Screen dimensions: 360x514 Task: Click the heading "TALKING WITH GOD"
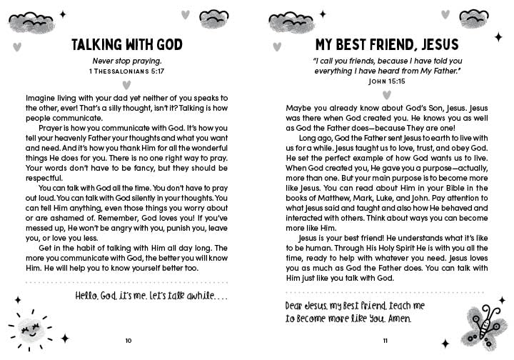coord(128,46)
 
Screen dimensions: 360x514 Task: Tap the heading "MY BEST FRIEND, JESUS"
coord(385,46)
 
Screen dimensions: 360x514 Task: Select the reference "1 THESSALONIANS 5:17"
coord(128,72)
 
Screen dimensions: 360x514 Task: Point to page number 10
coord(128,340)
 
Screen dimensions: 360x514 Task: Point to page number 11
coord(385,340)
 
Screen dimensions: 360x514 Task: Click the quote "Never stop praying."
coord(128,62)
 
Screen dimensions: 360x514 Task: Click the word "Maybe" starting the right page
coord(298,107)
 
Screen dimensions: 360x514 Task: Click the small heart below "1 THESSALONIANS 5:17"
coord(128,84)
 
